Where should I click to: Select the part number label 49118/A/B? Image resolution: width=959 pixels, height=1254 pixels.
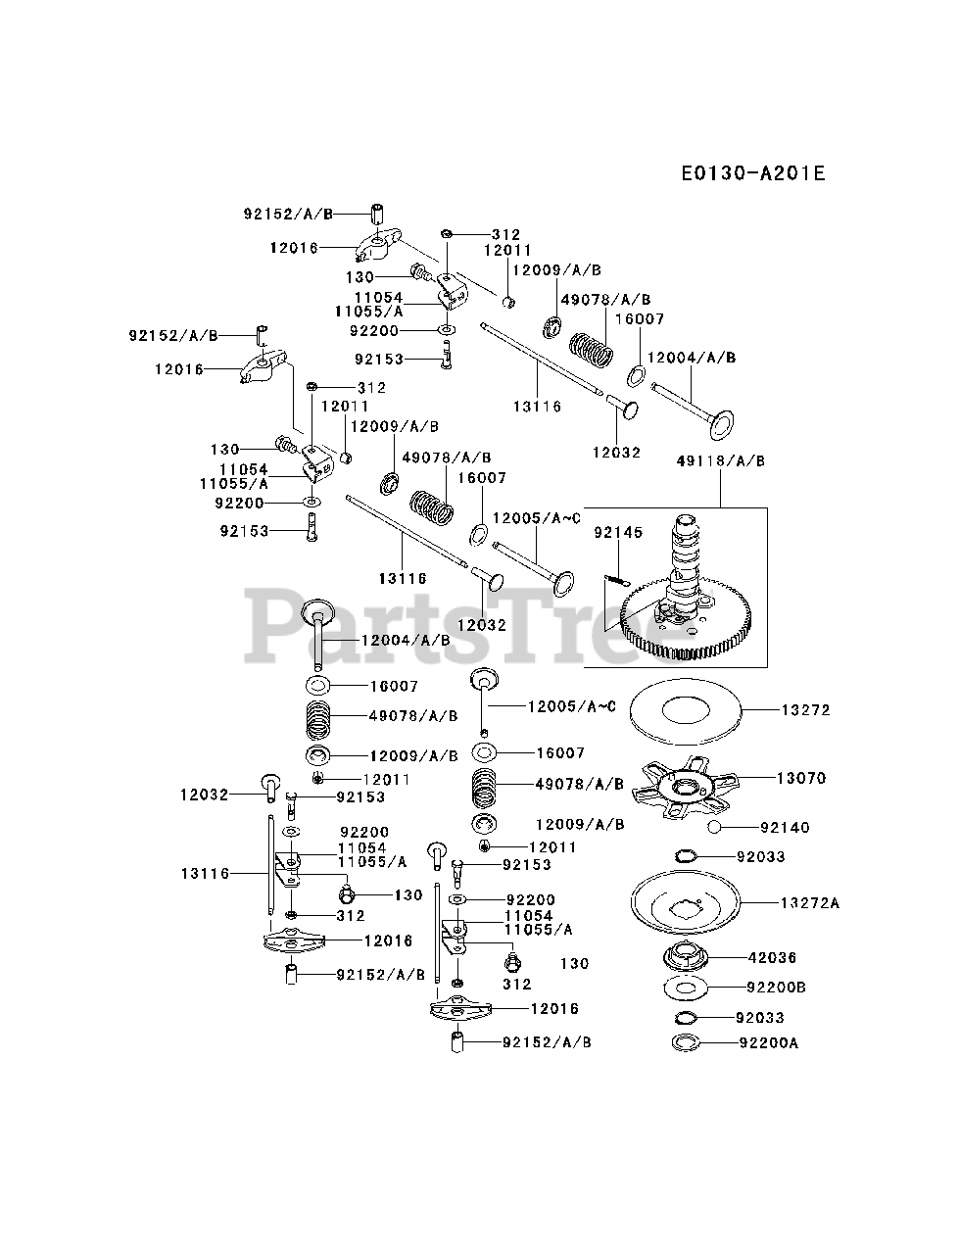[x=720, y=460]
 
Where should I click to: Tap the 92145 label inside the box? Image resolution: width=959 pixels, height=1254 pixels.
[x=618, y=533]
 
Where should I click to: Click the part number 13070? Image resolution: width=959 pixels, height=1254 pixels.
[x=801, y=778]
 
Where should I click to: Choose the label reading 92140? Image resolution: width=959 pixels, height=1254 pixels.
[x=785, y=828]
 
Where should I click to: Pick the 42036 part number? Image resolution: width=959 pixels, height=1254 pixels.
[x=772, y=958]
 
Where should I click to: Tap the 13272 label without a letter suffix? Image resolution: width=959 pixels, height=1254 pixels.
[x=805, y=709]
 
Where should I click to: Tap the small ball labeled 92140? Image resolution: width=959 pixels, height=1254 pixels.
[x=715, y=828]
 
